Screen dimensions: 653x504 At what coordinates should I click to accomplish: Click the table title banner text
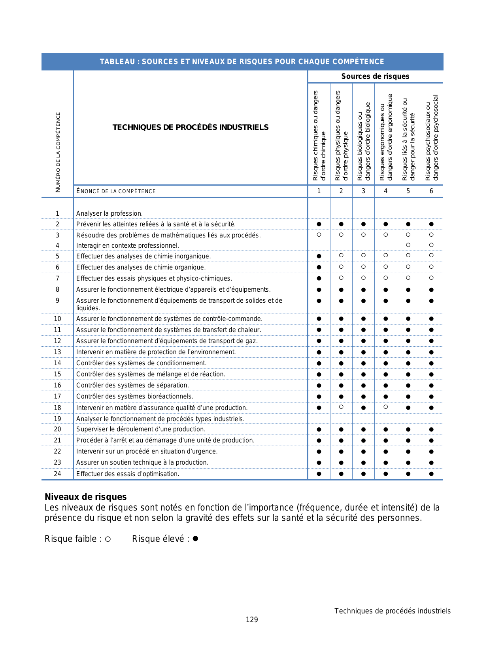(x=242, y=62)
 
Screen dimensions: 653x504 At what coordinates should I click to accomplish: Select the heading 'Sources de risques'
(x=375, y=76)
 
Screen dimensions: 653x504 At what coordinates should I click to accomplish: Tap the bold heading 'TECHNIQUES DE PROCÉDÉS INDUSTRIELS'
(x=191, y=127)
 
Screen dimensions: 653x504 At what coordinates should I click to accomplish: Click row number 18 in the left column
(x=57, y=408)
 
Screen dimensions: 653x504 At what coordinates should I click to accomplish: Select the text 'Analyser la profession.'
(x=109, y=214)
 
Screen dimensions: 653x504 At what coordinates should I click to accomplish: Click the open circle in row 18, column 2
(x=341, y=407)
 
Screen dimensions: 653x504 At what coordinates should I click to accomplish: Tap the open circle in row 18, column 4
(x=386, y=407)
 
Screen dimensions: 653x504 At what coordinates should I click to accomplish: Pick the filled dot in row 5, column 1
(x=319, y=256)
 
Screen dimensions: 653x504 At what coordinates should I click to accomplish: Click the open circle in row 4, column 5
(x=408, y=245)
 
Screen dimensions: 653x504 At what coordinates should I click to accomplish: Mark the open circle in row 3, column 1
(x=319, y=235)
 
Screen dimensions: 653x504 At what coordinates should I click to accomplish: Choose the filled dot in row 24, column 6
(x=431, y=474)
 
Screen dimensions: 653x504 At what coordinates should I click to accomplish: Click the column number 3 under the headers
(x=363, y=191)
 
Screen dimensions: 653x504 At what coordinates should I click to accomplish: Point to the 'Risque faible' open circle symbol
(x=108, y=539)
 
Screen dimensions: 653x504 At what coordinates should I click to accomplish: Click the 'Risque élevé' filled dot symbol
(x=195, y=539)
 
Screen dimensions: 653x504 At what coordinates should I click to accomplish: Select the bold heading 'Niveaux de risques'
(x=86, y=497)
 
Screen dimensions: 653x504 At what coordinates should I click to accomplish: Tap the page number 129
(x=252, y=620)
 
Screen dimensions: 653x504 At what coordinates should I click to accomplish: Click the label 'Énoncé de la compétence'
(x=116, y=191)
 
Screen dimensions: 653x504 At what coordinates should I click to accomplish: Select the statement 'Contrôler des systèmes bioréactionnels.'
(x=135, y=397)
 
